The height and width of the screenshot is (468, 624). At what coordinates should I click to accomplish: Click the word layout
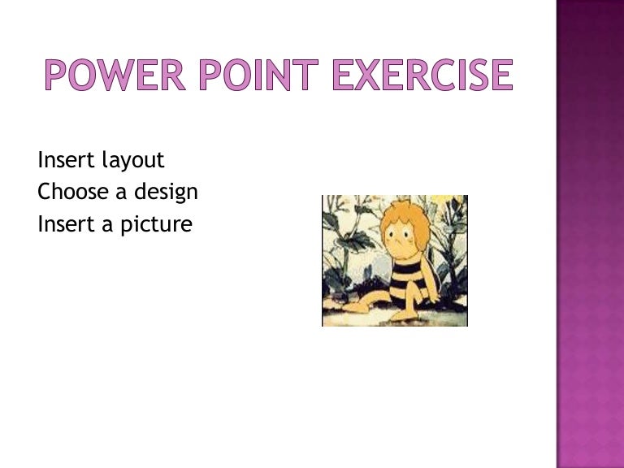(132, 161)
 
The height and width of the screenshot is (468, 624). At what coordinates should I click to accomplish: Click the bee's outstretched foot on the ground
(351, 307)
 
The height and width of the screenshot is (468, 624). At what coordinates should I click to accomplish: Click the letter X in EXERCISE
(363, 76)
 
